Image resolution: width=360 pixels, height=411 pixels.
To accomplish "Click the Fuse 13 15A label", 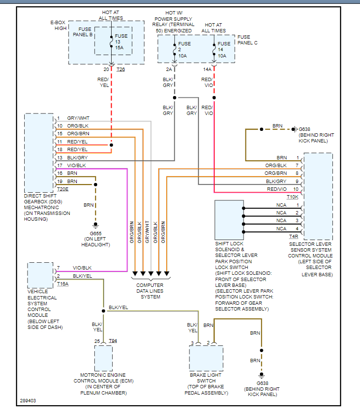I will pos(121,42).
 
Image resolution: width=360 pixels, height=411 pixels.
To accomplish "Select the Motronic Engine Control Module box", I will pos(103,358).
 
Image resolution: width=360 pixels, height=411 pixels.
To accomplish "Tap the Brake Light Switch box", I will pos(206,358).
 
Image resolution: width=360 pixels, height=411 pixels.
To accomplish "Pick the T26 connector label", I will pos(120,70).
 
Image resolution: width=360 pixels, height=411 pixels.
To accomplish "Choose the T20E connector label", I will pos(63,189).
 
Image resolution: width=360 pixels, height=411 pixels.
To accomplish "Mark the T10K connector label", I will pos(293,197).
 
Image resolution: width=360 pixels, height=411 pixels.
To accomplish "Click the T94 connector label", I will pos(113,341).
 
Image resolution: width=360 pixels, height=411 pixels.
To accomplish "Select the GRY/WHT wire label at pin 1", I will pos(78,118).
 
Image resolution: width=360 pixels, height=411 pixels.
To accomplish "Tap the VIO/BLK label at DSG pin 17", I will pos(77,165).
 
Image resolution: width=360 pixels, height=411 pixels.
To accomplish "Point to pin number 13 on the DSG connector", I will pos(59,157).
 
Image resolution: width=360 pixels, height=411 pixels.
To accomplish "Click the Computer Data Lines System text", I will pos(150,291).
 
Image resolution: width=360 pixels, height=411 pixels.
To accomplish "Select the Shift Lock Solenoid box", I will pos(229,220).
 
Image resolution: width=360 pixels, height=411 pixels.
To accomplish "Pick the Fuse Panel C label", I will pos(247,40).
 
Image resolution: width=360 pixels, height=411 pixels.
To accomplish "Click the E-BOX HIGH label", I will pos(57,26).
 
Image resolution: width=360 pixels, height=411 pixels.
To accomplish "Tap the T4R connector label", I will pos(293,236).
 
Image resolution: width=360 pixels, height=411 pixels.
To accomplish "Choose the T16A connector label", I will pos(63,284).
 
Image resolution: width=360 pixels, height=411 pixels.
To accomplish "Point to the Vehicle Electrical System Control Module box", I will pos(41,275).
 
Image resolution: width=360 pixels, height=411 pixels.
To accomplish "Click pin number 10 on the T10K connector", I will pos(296,189).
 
